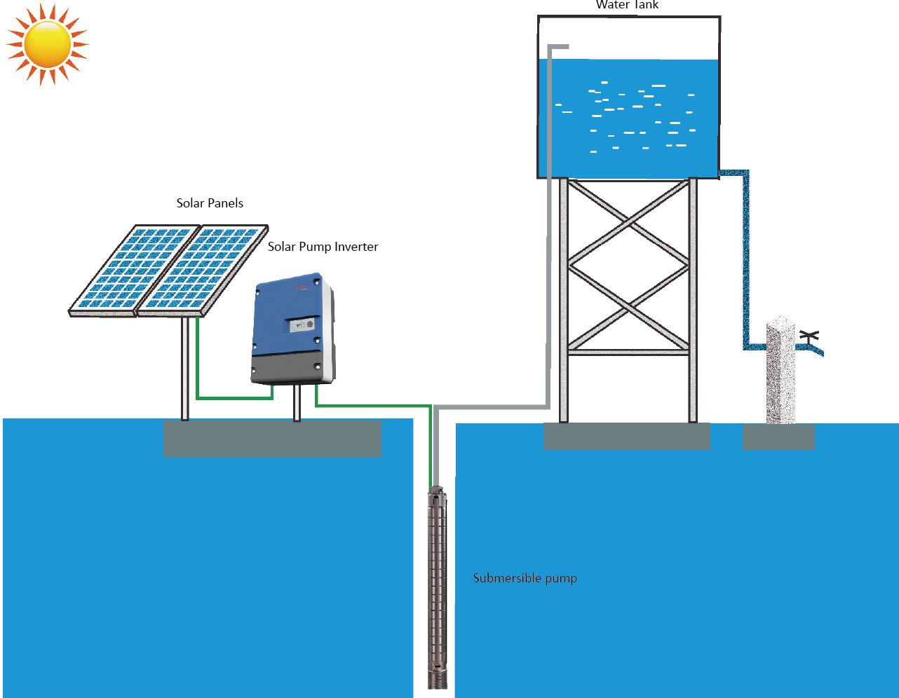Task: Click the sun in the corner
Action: click(47, 43)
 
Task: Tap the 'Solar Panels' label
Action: click(210, 203)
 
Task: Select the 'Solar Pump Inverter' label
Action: click(323, 247)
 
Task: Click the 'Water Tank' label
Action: click(627, 6)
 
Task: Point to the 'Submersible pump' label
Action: click(525, 578)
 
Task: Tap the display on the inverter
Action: click(302, 326)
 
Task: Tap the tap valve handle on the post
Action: click(809, 336)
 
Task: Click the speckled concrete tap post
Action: click(780, 375)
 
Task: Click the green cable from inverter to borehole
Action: click(372, 405)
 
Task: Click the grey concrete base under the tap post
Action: click(778, 437)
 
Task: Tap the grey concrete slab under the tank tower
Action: click(626, 436)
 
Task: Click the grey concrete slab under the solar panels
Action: click(272, 439)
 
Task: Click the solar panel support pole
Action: click(185, 368)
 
